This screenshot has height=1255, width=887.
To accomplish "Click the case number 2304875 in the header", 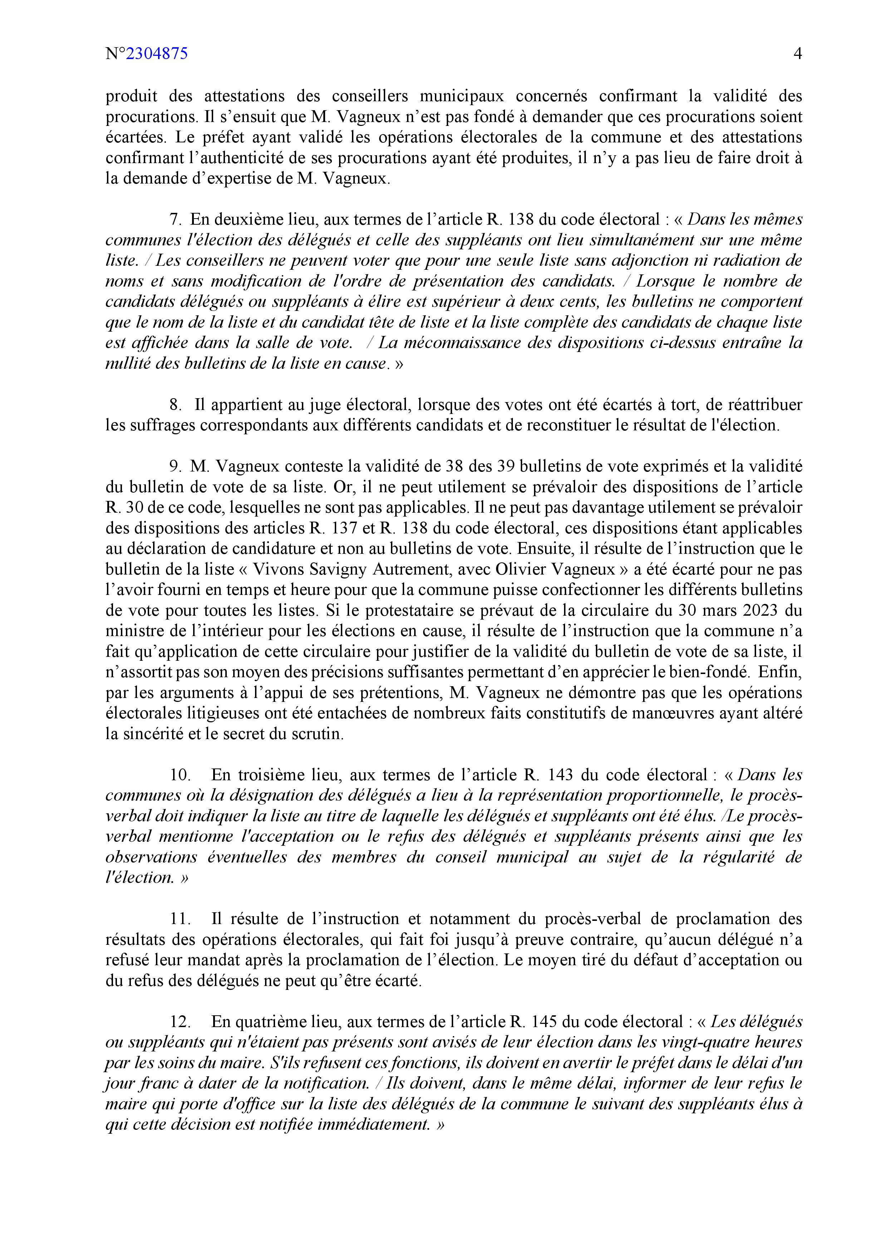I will pos(157,54).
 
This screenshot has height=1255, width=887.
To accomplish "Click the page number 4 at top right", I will pos(797,54).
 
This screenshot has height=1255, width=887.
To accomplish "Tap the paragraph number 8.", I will pos(175,405).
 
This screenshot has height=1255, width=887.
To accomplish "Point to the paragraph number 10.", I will pos(180,775).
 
